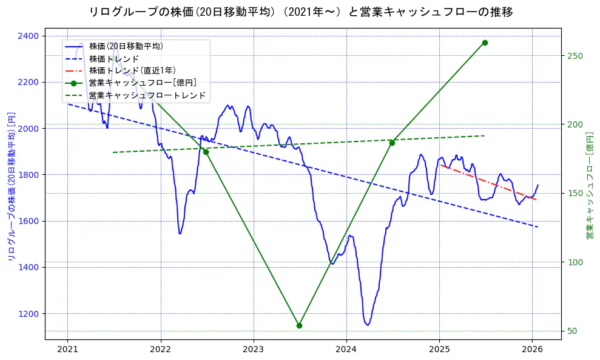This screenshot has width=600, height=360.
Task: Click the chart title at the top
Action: pyautogui.click(x=300, y=12)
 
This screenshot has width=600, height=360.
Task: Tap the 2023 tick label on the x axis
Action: pyautogui.click(x=253, y=349)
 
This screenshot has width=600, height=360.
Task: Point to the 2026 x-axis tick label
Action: pyautogui.click(x=532, y=349)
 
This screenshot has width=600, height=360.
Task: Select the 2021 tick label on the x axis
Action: pyautogui.click(x=67, y=349)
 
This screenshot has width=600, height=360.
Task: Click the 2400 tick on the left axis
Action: pyautogui.click(x=31, y=36)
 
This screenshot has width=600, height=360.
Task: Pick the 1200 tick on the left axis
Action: pyautogui.click(x=31, y=314)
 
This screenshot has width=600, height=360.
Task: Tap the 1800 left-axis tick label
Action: pyautogui.click(x=31, y=175)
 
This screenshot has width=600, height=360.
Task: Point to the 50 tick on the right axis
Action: pyautogui.click(x=571, y=331)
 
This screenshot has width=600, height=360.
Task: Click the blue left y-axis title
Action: pyautogui.click(x=10, y=186)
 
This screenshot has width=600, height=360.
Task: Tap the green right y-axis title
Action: pyautogui.click(x=589, y=186)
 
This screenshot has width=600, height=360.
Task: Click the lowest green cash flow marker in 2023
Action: pyautogui.click(x=299, y=325)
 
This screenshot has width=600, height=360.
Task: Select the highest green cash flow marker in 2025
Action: pyautogui.click(x=485, y=42)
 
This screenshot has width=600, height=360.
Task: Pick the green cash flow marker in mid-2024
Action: pyautogui.click(x=392, y=143)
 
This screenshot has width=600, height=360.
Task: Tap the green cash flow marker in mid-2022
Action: pyautogui.click(x=206, y=152)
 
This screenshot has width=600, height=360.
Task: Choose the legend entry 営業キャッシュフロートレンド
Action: pyautogui.click(x=147, y=95)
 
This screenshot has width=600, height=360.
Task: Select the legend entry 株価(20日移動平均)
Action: pyautogui.click(x=126, y=46)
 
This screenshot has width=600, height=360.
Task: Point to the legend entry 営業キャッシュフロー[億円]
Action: pyautogui.click(x=143, y=83)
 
